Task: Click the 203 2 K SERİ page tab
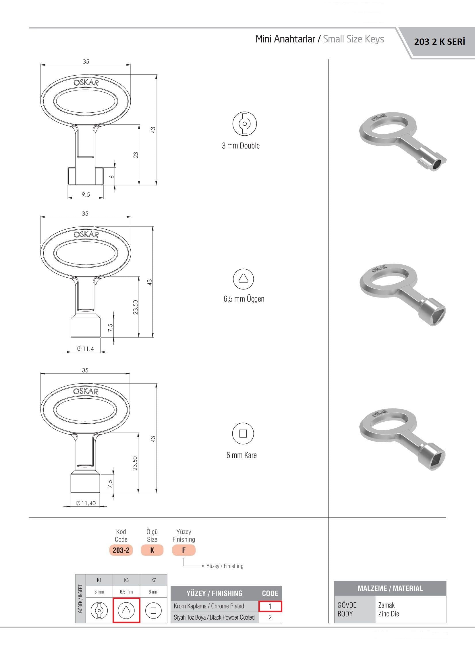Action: pos(439,42)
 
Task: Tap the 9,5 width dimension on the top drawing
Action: pos(86,194)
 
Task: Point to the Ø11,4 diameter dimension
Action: pos(85,349)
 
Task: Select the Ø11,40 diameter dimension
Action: pos(86,503)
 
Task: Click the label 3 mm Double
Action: pos(241,145)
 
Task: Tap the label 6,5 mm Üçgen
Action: pos(244,299)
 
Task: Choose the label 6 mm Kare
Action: pos(242,455)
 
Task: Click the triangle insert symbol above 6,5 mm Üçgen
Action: pos(243,279)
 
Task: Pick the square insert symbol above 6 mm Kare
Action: pos(243,434)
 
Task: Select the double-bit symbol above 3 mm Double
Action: pos(245,124)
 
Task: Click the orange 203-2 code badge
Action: pos(121,550)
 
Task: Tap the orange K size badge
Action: pos(152,550)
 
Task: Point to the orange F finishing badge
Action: pos(184,550)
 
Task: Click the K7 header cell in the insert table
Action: pos(154,580)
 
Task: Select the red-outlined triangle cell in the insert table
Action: pos(126,610)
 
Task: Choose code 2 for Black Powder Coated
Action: pos(270,618)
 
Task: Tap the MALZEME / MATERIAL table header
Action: pos(390,588)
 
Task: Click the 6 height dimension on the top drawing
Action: pos(112,176)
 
